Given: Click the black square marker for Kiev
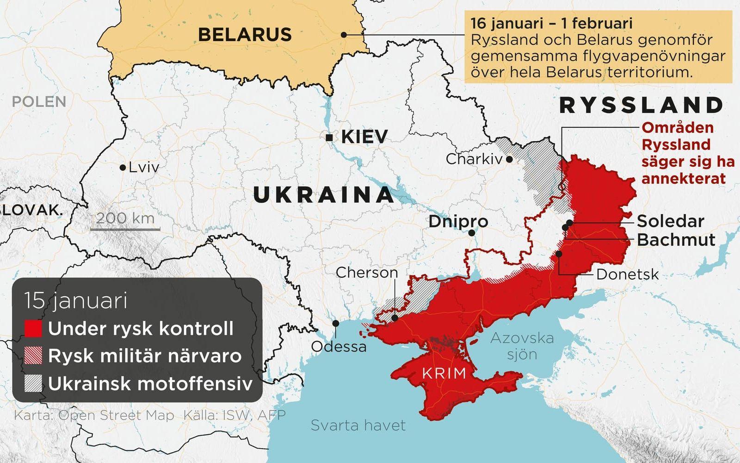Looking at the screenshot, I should click(329, 138).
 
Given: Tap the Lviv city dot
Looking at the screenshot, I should click(123, 168).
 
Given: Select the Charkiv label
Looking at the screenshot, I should click(474, 159).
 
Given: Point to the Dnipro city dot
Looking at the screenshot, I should click(471, 233).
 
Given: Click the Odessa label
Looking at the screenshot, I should click(339, 346).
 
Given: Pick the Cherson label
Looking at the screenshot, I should click(367, 272).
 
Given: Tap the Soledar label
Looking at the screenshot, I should click(670, 221).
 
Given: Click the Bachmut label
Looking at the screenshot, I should click(676, 240).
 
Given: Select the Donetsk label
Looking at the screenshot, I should click(627, 274).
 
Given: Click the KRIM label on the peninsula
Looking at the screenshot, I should click(444, 373).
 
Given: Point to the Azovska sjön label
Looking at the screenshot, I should click(522, 346).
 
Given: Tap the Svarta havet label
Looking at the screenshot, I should click(358, 425).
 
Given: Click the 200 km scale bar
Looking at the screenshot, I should click(125, 229).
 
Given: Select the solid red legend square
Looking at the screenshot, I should click(33, 329).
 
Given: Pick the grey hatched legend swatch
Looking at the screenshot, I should click(33, 383).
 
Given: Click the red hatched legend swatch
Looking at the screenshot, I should click(33, 356).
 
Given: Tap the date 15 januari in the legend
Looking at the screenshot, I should click(76, 300).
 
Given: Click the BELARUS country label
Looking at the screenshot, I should click(245, 34).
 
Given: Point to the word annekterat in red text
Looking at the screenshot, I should click(683, 179).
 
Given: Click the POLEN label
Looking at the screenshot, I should click(39, 101).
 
